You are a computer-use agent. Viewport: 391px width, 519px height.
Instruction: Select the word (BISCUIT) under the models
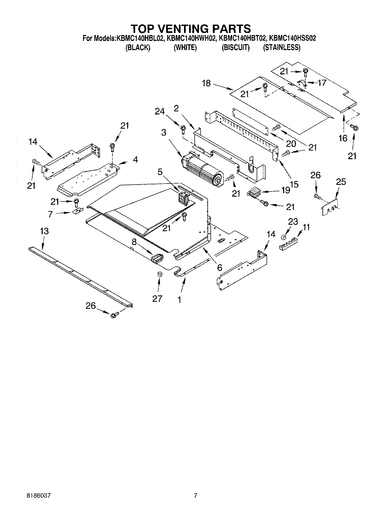coord(236,48)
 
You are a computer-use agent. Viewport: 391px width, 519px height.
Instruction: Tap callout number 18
coord(206,83)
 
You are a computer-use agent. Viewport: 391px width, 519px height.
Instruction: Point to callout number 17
coord(322,83)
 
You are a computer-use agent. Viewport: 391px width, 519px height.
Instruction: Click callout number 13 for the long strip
coord(44,231)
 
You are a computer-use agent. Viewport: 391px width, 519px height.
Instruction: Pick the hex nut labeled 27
coord(159,274)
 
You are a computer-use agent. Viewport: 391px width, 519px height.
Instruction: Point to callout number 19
coord(286,190)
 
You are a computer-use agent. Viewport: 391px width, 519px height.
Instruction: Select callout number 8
coord(134,242)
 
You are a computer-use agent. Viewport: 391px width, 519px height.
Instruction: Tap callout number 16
coord(343,138)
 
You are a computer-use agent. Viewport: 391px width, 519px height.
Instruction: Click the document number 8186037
coord(38,503)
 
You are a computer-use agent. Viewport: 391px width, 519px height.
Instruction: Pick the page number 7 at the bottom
coord(195,503)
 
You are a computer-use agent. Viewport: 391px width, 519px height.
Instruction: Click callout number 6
coord(220,267)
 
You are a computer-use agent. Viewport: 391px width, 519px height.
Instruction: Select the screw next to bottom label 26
coord(114,315)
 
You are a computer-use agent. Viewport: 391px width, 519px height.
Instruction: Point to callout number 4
coord(135,160)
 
